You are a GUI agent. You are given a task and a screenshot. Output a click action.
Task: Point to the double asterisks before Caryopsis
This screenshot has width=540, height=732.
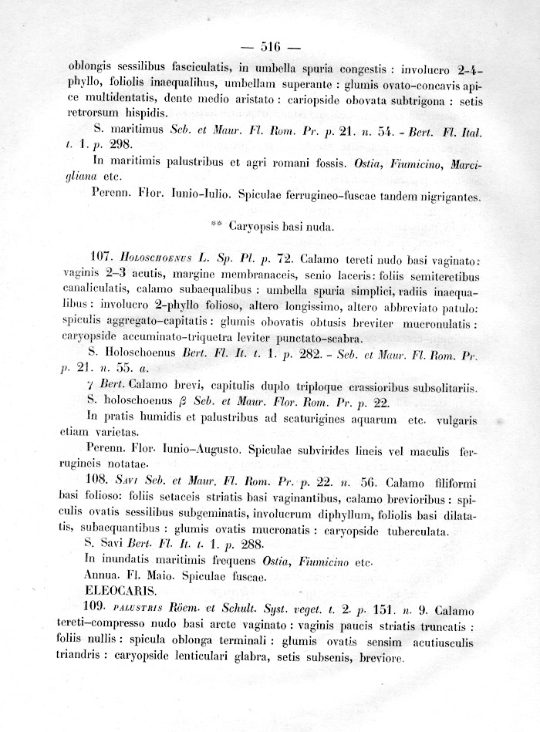[216, 226]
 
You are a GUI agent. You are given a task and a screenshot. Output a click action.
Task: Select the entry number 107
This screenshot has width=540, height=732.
[102, 256]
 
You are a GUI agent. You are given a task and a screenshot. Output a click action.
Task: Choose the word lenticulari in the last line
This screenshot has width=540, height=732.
[217, 659]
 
